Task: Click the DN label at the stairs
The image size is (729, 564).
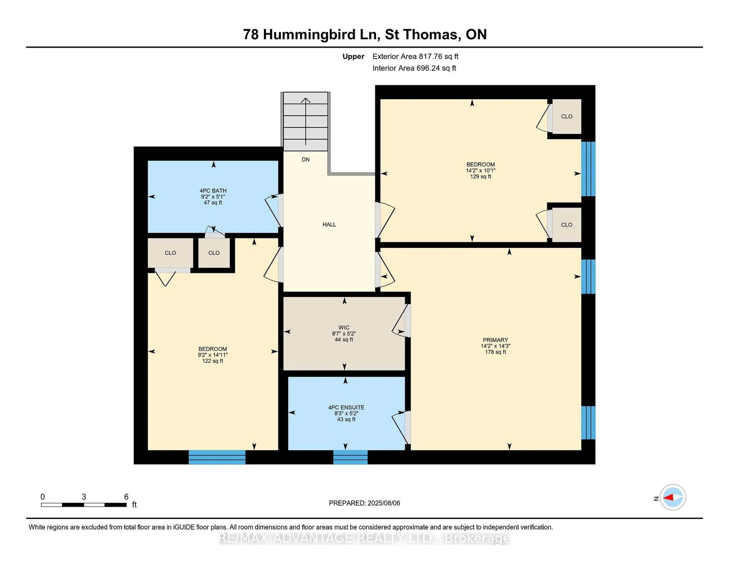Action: [x=305, y=160]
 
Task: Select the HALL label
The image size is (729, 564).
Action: [x=329, y=225]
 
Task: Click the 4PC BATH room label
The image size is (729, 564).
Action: [x=213, y=191]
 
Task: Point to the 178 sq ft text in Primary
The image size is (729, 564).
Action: [x=495, y=352]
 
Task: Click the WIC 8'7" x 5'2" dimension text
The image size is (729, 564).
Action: [x=344, y=333]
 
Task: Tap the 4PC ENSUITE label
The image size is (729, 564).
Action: [x=346, y=407]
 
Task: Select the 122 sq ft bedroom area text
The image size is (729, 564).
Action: [x=213, y=361]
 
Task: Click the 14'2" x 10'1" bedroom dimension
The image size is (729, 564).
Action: [x=480, y=170]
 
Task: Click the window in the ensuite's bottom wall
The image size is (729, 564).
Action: [x=350, y=457]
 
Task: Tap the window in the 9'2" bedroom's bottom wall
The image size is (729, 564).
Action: [x=217, y=457]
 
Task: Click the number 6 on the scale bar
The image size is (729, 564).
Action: [x=126, y=497]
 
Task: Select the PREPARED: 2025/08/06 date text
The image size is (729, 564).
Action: [x=364, y=503]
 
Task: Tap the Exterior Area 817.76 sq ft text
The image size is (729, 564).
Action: [x=415, y=56]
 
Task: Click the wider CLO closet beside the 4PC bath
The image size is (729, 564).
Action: [x=170, y=253]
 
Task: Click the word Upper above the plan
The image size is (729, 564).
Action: [x=353, y=56]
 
